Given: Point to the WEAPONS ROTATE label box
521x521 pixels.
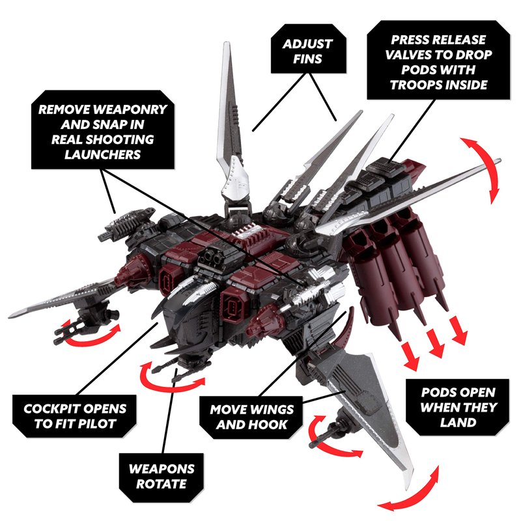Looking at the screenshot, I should (158, 476).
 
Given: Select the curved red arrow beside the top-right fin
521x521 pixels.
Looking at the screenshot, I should (486, 163).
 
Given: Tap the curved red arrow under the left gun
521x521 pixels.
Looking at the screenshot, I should (91, 333).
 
